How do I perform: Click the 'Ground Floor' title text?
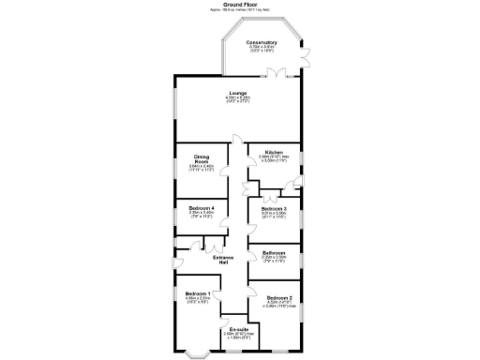point(239,4)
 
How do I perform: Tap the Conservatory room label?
point(262,42)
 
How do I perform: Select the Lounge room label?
point(238,92)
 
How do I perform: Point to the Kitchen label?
point(274,152)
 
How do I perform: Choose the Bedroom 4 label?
point(202,207)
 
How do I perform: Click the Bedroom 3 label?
point(274,207)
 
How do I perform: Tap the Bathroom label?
point(274,252)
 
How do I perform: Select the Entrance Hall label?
point(222,260)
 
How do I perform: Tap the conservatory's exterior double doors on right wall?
point(304,56)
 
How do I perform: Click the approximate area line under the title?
point(239,9)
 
